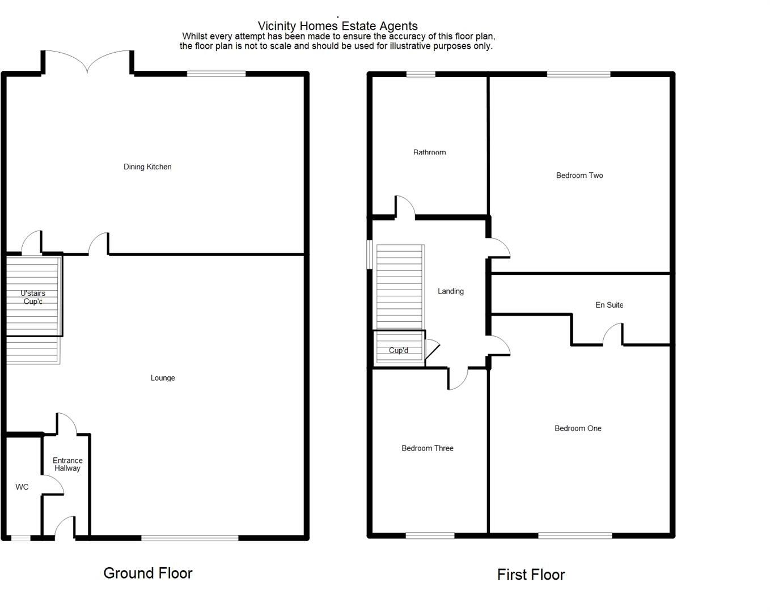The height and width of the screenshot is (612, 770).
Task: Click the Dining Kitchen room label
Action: coord(147,167)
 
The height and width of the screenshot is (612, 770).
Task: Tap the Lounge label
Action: coord(163,378)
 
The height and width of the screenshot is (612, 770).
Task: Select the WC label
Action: coord(22,487)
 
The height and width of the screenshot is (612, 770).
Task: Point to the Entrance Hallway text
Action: coord(67,464)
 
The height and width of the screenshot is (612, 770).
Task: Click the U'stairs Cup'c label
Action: coord(33,297)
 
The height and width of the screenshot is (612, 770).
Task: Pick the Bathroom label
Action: coord(429,152)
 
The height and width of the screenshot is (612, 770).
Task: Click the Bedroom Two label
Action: coord(579,176)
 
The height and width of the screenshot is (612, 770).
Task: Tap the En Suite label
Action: coord(609,305)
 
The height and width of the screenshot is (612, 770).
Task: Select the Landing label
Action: coord(451,291)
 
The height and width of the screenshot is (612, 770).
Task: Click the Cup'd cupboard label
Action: coord(399,350)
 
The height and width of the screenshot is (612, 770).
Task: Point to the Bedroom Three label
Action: coord(428,448)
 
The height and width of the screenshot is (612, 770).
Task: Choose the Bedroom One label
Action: coord(578,428)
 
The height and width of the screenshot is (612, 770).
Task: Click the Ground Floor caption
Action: coord(148,573)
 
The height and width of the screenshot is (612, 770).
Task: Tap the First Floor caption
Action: coord(531,575)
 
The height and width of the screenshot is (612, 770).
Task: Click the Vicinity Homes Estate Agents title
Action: coord(338,26)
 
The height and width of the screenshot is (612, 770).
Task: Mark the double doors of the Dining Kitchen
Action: coord(87,61)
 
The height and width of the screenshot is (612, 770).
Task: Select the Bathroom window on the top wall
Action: coord(421,74)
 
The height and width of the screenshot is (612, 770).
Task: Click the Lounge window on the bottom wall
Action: coord(190,538)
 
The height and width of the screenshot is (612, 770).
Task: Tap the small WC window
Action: coord(21,538)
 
